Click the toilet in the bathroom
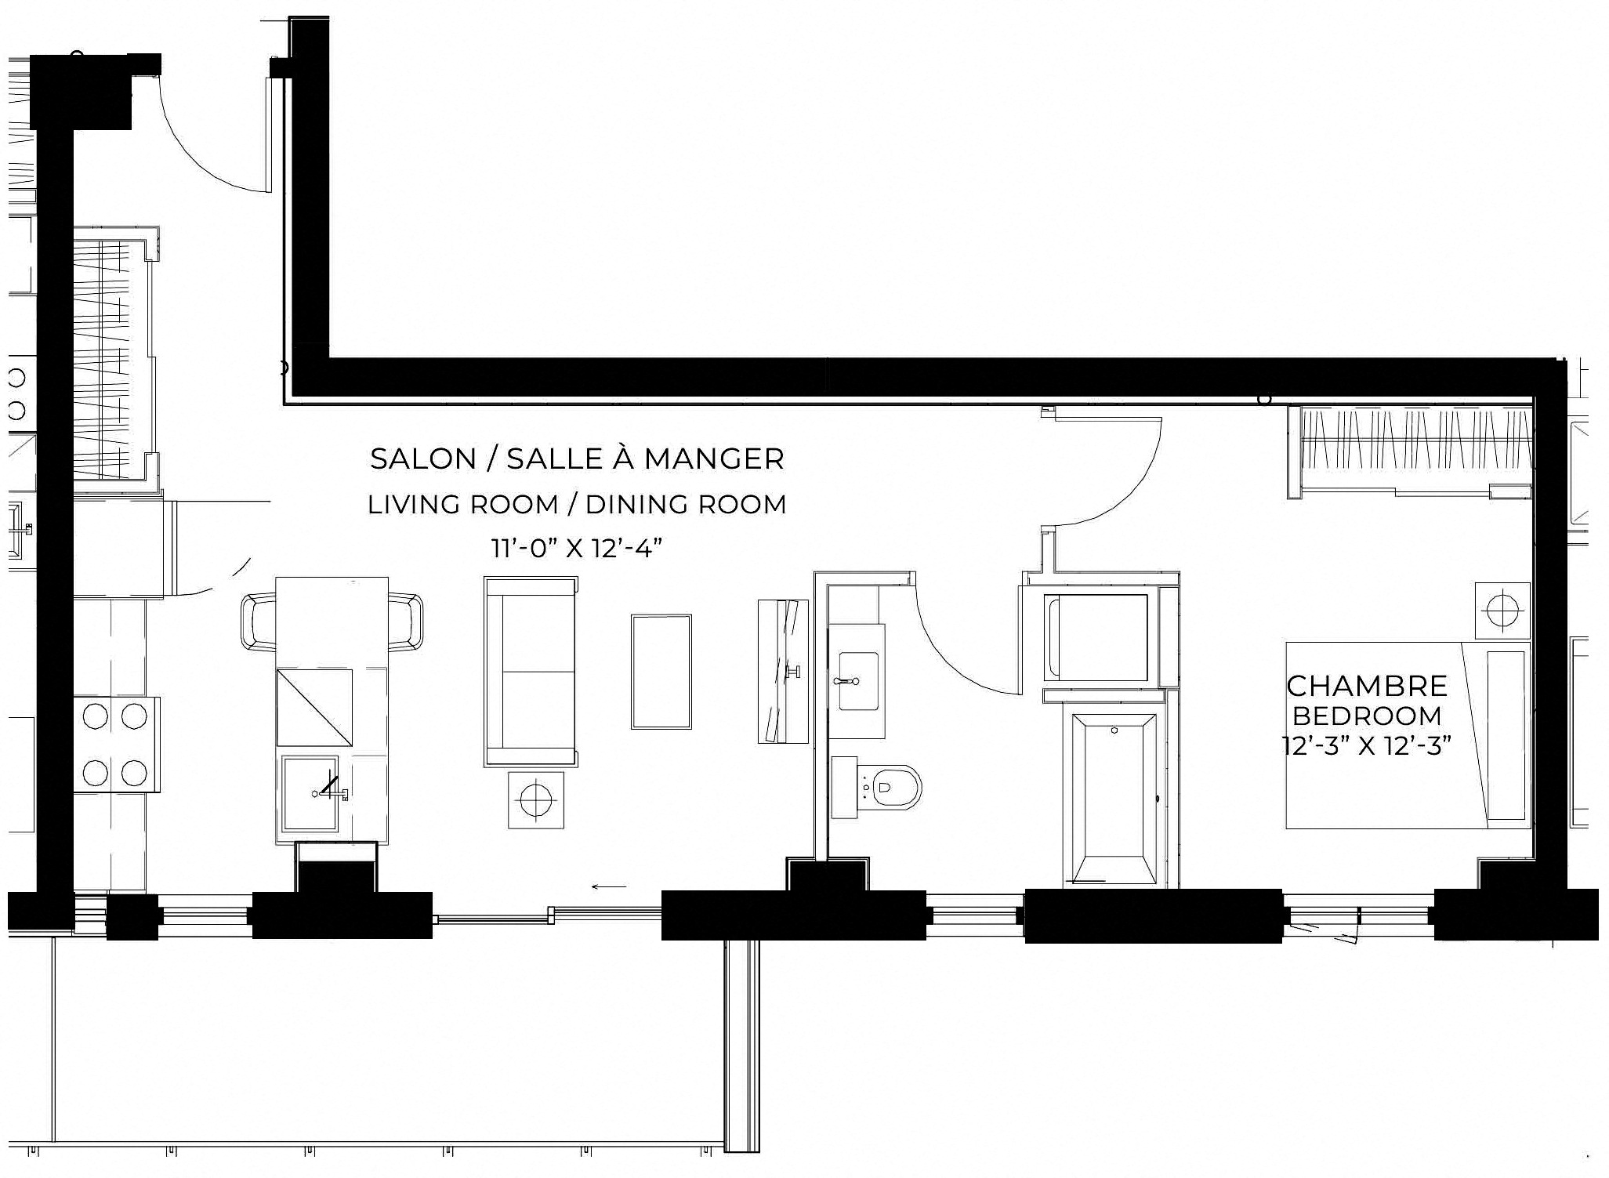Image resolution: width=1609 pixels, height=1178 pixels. point(877,787)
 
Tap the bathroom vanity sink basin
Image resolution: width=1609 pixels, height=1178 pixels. point(857,681)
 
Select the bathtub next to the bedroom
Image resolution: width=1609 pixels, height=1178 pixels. point(1114,799)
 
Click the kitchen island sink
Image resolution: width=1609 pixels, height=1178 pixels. point(310,794)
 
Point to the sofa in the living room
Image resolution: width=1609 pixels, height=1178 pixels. point(531,671)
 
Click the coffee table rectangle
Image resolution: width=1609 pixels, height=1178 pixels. point(661,672)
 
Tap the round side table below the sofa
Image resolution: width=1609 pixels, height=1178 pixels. point(536,799)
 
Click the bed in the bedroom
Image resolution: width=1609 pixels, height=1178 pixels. point(1408,735)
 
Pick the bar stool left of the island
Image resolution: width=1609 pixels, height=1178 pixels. point(259,622)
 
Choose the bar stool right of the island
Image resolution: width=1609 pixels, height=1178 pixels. point(406,622)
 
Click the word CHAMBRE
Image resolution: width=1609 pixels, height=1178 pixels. point(1367,686)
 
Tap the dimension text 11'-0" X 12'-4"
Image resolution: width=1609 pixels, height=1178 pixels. point(577,548)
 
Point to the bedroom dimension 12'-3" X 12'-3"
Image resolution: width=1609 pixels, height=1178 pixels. point(1362,745)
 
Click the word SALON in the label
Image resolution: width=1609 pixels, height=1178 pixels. point(423,459)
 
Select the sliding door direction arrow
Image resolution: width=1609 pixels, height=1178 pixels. point(609,887)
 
